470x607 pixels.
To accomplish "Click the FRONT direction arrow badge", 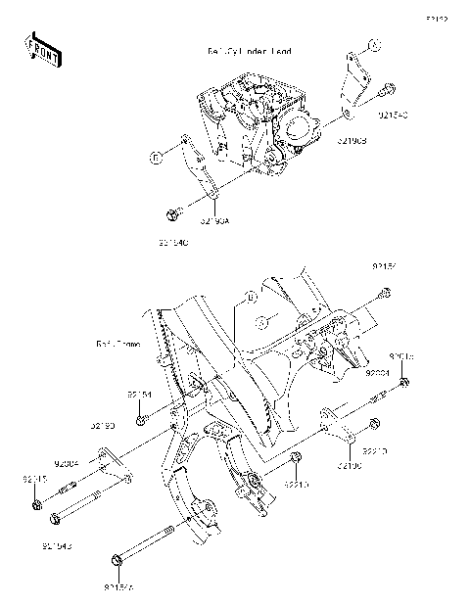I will [40, 49].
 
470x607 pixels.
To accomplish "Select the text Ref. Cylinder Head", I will [249, 51].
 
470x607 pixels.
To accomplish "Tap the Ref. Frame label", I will [118, 345].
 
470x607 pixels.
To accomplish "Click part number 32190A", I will [214, 222].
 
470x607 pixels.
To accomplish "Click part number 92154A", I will [118, 588].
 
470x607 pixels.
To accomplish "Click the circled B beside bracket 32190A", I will [155, 156].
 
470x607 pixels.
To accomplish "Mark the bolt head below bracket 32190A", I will [172, 212].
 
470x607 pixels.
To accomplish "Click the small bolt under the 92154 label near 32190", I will [141, 419].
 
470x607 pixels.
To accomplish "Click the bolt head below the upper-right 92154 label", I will [384, 293].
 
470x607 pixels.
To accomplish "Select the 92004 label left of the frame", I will [67, 464].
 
